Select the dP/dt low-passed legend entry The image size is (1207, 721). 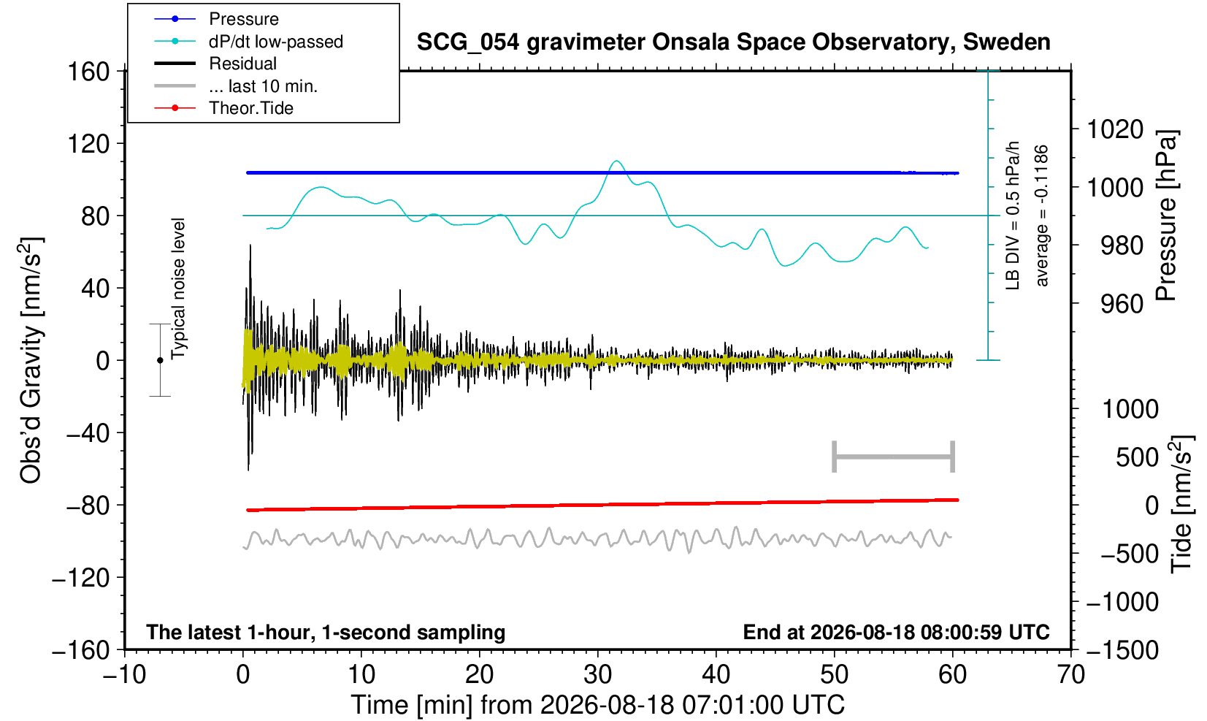pos(248,42)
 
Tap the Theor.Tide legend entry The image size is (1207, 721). pos(223,108)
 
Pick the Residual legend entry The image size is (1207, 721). pos(215,64)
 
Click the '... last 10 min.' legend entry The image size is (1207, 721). pos(236,85)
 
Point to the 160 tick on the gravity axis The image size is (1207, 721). pos(88,72)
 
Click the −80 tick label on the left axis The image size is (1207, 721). pos(88,506)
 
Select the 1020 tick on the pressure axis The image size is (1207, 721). pos(1115,129)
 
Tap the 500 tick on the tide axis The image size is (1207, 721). pos(1137,458)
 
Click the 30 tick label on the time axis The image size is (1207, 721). pos(597,675)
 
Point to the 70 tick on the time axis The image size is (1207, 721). pos(1070,675)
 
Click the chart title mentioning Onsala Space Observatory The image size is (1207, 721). pos(733,42)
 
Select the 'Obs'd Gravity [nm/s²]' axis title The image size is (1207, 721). pos(31,360)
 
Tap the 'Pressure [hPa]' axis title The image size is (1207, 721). pos(1167,215)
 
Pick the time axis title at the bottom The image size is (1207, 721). pos(597,705)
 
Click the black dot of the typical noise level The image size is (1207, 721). pos(160,360)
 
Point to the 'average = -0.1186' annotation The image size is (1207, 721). pos(1041,215)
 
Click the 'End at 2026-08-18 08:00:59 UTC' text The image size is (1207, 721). pos(896,632)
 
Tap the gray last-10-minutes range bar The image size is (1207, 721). pos(894,457)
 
